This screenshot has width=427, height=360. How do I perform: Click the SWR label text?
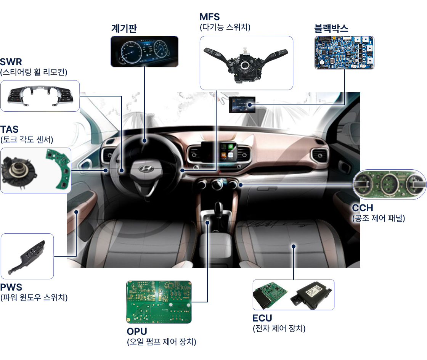[11, 62]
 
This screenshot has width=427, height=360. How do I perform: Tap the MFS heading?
[209, 17]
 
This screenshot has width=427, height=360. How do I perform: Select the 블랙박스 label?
[331, 28]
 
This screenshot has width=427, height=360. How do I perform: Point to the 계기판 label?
[124, 28]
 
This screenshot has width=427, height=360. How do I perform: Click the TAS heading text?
[9, 129]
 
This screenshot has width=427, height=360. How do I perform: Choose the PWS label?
[11, 287]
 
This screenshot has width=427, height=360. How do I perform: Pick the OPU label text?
[137, 331]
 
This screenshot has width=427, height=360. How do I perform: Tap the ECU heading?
[262, 318]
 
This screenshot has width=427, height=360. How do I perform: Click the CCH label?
[363, 208]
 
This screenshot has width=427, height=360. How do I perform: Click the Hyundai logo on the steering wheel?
[146, 169]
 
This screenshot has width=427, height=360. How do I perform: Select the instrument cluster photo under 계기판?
[144, 51]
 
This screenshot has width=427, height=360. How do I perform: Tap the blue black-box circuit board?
[345, 53]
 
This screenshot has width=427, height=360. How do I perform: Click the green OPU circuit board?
[159, 302]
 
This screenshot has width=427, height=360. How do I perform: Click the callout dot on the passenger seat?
[294, 246]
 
